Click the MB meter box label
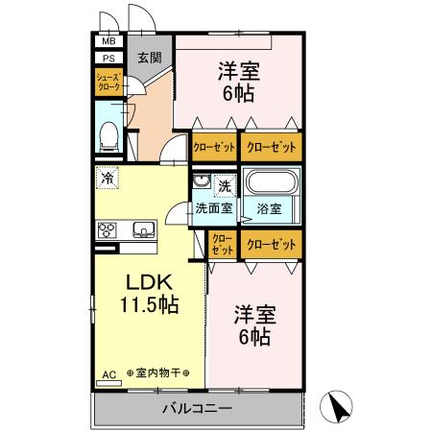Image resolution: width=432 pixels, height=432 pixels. tap(108, 41)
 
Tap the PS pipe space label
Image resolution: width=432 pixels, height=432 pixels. tap(108, 59)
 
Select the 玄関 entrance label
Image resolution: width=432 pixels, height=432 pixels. tap(150, 58)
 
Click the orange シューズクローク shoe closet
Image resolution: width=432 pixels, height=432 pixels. tap(108, 82)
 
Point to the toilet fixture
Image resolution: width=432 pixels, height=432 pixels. tap(109, 137)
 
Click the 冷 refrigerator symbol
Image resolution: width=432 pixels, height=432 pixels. tap(108, 178)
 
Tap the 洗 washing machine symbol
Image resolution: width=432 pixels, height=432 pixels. tap(225, 186)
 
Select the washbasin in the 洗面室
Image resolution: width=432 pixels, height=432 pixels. tap(202, 181)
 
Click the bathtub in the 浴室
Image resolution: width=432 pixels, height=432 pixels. tap(271, 182)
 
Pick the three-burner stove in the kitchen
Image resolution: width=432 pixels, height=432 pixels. tap(107, 230)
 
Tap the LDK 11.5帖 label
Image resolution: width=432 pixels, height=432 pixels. tap(149, 293)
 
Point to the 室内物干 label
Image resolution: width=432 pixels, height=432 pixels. tap(158, 372)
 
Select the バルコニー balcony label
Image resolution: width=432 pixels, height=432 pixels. tap(197, 409)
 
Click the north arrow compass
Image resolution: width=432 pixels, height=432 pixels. tap(336, 406)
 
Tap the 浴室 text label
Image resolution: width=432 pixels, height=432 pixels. tap(269, 209)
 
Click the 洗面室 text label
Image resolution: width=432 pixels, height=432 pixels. tap(214, 208)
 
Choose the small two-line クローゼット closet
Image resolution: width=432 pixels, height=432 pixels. tap(223, 244)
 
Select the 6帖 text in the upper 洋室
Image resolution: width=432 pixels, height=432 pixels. tap(238, 93)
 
